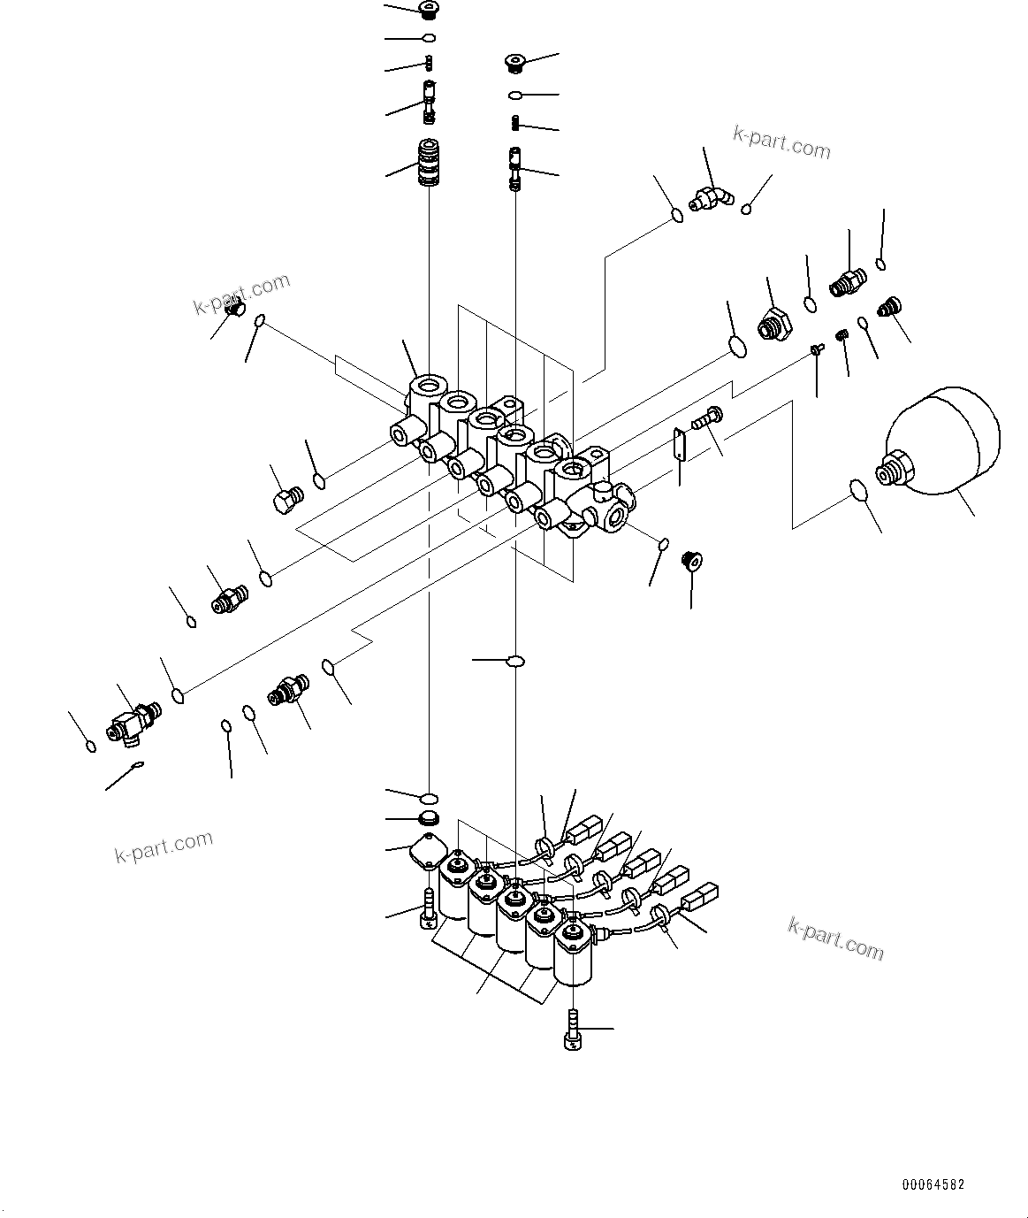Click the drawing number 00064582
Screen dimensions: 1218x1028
[933, 1184]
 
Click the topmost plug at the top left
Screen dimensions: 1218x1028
[429, 11]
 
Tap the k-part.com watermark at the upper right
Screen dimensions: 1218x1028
[781, 142]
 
